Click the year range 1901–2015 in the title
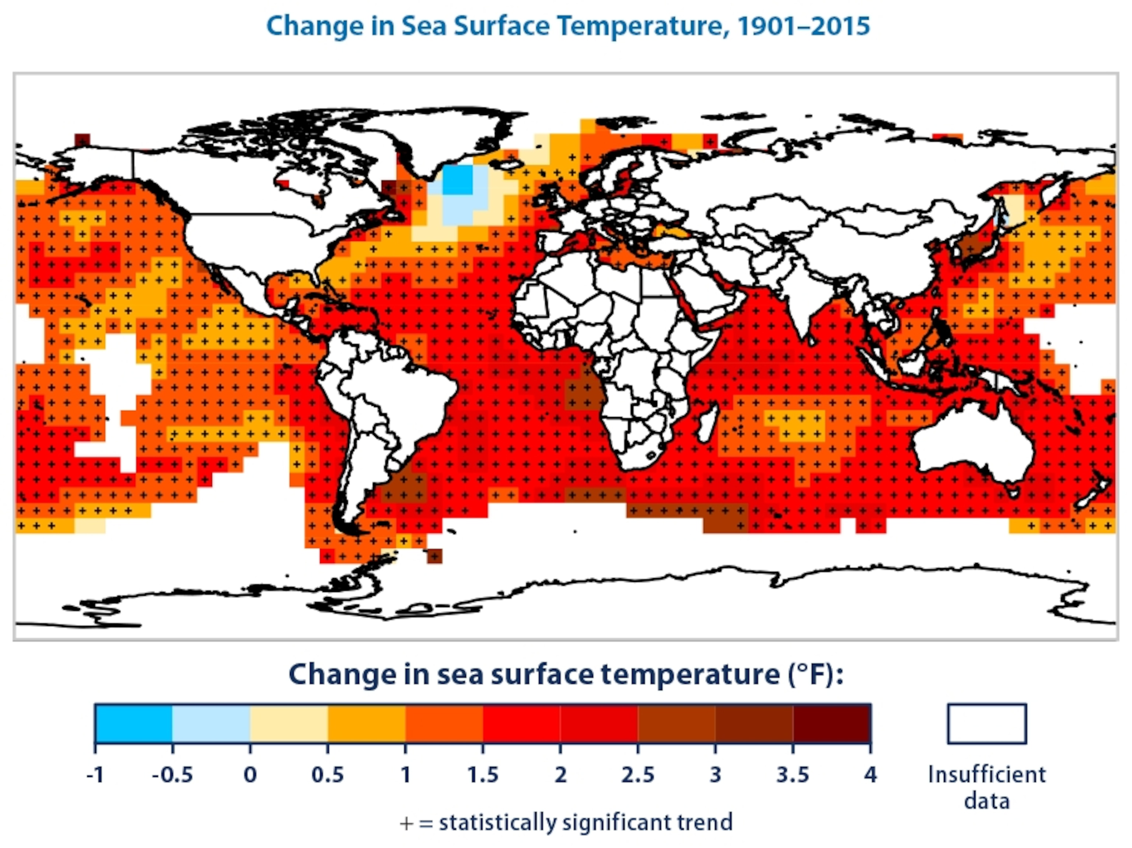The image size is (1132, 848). pyautogui.click(x=803, y=25)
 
